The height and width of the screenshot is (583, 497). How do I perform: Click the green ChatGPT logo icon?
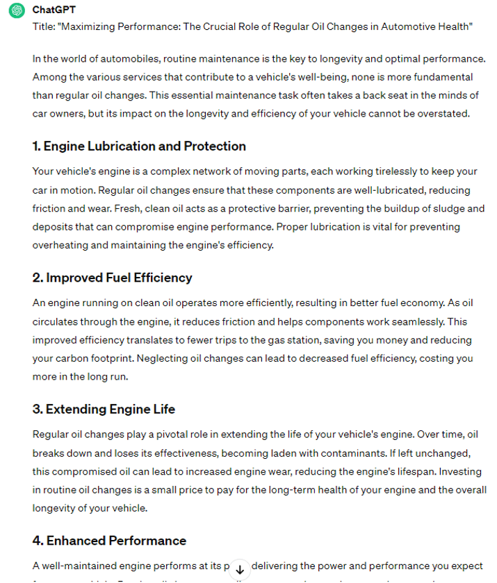pyautogui.click(x=17, y=11)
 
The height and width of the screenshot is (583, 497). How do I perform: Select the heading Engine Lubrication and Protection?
pyautogui.click(x=139, y=146)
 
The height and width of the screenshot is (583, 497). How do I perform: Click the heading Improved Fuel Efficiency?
pyautogui.click(x=112, y=278)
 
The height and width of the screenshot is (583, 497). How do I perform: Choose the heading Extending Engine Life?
pyautogui.click(x=104, y=409)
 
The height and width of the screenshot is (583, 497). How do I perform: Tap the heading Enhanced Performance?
pyautogui.click(x=109, y=541)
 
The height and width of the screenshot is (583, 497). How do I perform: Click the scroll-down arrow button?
pyautogui.click(x=240, y=568)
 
